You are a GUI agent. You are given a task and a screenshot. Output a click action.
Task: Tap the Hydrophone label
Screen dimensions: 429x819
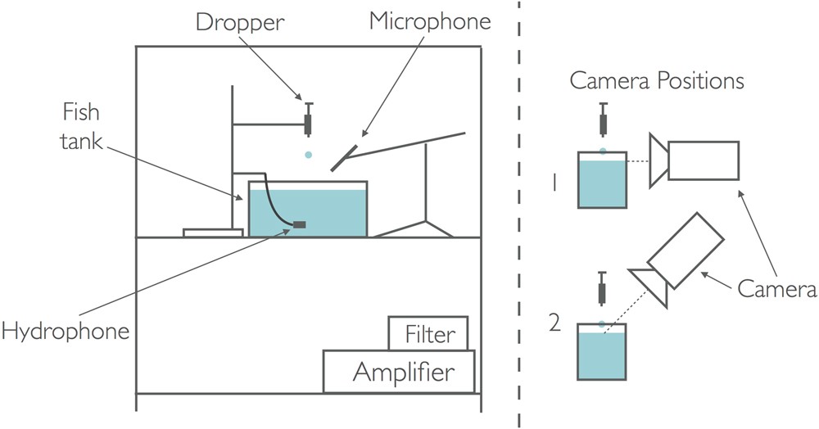[66, 332]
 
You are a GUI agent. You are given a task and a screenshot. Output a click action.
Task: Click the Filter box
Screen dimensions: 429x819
[428, 334]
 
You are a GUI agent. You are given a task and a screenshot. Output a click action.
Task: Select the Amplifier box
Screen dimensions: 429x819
[402, 373]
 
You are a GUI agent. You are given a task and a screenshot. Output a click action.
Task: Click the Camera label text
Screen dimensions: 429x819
[775, 288]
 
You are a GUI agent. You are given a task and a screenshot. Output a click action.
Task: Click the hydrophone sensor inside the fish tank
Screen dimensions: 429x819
[299, 224]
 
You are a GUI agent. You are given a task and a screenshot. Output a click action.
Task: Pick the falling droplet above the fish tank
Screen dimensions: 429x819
[307, 154]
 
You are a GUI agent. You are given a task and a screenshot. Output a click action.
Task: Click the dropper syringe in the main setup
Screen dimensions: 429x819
[309, 120]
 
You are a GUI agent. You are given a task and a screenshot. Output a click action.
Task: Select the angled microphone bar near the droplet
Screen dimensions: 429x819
[344, 157]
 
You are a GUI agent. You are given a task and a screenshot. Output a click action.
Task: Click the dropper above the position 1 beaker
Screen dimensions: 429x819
[603, 121]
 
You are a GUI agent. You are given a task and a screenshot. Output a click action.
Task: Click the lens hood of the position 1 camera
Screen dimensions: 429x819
[658, 159]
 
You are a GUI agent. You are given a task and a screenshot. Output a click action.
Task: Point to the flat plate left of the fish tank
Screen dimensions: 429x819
[212, 233]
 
